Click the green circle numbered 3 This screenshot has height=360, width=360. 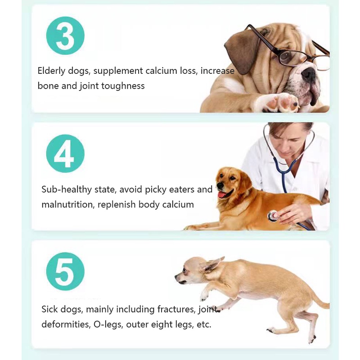click(65, 36)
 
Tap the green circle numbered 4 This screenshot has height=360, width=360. click(65, 153)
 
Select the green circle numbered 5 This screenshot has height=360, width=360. click(65, 271)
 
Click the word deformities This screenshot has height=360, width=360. click(63, 324)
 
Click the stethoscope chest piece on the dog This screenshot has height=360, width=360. click(273, 216)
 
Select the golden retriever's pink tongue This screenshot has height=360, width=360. click(222, 194)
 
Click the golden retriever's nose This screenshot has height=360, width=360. click(220, 185)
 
